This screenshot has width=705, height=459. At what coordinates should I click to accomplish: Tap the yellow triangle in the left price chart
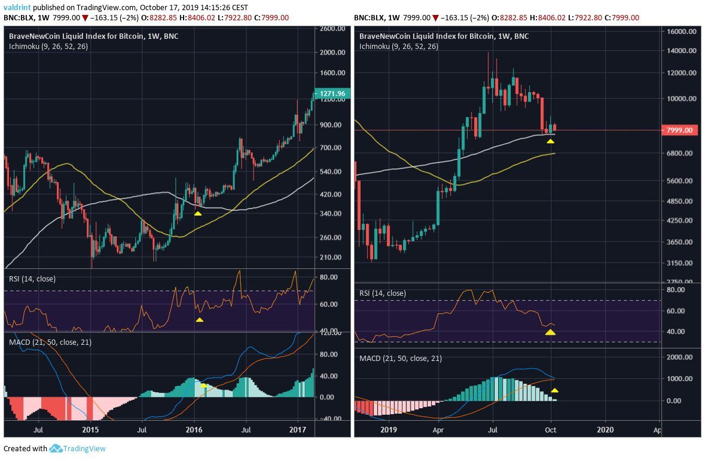pyautogui.click(x=198, y=212)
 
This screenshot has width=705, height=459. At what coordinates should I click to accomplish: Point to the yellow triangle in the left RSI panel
pyautogui.click(x=200, y=320)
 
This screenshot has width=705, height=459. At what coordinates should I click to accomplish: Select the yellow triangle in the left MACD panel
pyautogui.click(x=204, y=385)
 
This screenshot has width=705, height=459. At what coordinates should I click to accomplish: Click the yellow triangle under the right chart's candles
pyautogui.click(x=550, y=141)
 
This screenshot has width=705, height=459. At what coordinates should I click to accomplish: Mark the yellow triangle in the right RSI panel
pyautogui.click(x=550, y=331)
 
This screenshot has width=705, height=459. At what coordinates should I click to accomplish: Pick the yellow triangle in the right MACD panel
pyautogui.click(x=554, y=390)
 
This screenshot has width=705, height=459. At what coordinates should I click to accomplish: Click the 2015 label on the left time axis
pyautogui.click(x=90, y=429)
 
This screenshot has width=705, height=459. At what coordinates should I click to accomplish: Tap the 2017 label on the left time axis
pyautogui.click(x=297, y=429)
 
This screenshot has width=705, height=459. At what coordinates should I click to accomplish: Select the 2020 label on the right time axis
pyautogui.click(x=605, y=429)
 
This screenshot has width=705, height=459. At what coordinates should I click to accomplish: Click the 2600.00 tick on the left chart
pyautogui.click(x=332, y=29)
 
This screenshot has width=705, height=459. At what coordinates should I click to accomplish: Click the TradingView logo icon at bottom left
pyautogui.click(x=56, y=448)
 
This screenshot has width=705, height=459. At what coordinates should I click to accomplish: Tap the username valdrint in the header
pyautogui.click(x=16, y=8)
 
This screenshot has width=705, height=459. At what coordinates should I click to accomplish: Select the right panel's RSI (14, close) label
pyautogui.click(x=382, y=293)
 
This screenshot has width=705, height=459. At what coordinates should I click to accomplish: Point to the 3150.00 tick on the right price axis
pyautogui.click(x=680, y=263)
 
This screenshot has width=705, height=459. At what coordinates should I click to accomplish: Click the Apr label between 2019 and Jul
pyautogui.click(x=439, y=429)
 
